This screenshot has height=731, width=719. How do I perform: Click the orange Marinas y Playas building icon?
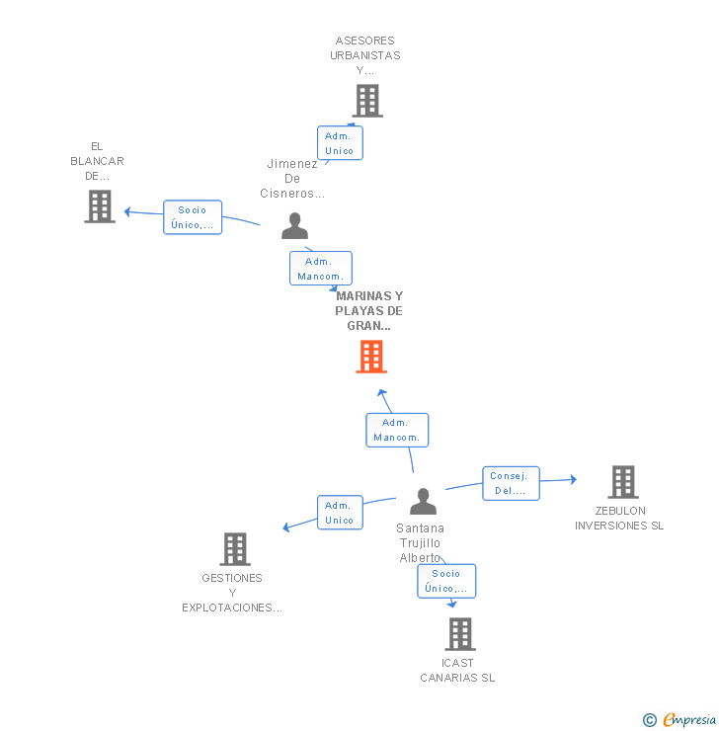pyautogui.click(x=370, y=357)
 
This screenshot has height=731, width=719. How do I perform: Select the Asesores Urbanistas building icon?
pyautogui.click(x=367, y=101)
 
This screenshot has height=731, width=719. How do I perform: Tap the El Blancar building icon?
pyautogui.click(x=100, y=206)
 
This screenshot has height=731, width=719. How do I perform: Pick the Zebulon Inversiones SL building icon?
pyautogui.click(x=622, y=482)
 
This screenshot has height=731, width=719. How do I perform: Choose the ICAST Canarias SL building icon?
pyautogui.click(x=460, y=634)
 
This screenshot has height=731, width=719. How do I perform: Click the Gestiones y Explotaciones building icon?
pyautogui.click(x=235, y=549)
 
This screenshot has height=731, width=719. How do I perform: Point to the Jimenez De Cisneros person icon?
pyautogui.click(x=294, y=226)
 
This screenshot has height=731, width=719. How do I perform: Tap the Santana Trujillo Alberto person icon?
pyautogui.click(x=423, y=502)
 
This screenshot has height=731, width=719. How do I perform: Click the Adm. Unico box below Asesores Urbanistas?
pyautogui.click(x=340, y=142)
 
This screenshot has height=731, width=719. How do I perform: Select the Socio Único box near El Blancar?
pyautogui.click(x=193, y=217)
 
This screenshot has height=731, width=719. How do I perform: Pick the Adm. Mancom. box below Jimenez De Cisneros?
pyautogui.click(x=320, y=269)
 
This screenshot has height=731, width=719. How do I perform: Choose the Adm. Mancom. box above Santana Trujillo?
pyautogui.click(x=397, y=430)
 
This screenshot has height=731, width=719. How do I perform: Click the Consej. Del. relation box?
pyautogui.click(x=511, y=483)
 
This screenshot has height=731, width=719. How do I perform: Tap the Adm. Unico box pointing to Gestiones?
pyautogui.click(x=340, y=513)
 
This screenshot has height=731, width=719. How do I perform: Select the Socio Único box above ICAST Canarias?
pyautogui.click(x=446, y=581)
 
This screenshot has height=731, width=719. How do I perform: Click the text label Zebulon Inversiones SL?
pyautogui.click(x=619, y=519)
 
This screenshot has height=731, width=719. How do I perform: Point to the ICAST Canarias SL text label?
pyautogui.click(x=457, y=671)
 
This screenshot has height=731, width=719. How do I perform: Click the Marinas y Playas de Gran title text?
pyautogui.click(x=369, y=310)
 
